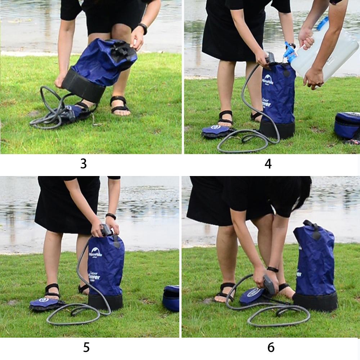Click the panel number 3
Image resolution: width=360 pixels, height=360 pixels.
pos(84,164)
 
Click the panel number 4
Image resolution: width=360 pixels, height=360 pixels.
pos(268,164)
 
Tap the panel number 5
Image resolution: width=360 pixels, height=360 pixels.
pos(86,347)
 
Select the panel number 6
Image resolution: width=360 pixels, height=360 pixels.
pos(271,347)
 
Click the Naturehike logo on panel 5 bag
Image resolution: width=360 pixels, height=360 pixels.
pos(95,252)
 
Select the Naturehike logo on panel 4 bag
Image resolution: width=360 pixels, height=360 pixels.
pos(268,80)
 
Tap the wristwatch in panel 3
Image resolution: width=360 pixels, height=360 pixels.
pos(143,28)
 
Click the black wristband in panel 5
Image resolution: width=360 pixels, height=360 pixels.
pos(111,216)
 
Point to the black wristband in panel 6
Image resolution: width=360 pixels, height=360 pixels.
pos(273,269)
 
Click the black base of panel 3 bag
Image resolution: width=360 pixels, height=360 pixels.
pos(84,86)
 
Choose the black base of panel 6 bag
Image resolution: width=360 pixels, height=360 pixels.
pos(315,302)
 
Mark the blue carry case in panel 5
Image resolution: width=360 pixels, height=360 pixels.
pos(171,298)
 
